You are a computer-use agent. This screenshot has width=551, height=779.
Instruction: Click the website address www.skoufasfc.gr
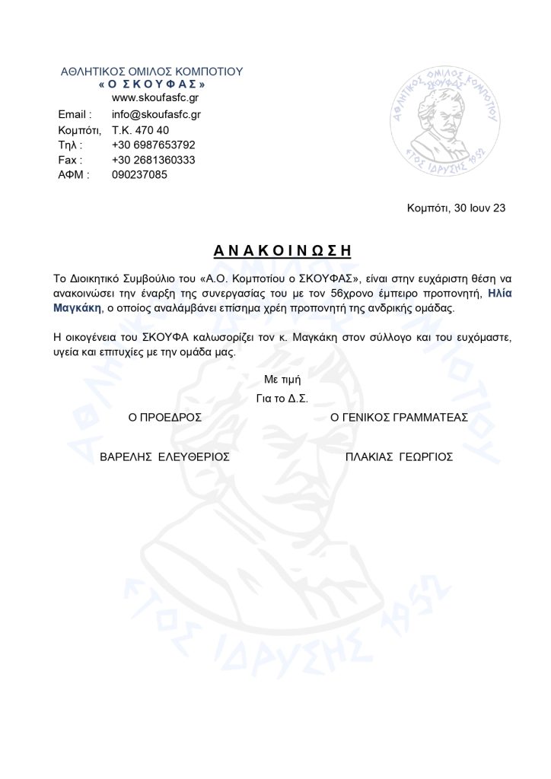[156, 99]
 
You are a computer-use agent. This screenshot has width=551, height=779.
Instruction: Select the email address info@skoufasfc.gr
[156, 114]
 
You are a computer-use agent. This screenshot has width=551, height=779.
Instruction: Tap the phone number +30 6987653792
[153, 145]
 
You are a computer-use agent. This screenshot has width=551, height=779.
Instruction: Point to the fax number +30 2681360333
[153, 160]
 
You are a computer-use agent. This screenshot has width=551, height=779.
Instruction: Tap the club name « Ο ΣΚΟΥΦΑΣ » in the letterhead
[152, 84]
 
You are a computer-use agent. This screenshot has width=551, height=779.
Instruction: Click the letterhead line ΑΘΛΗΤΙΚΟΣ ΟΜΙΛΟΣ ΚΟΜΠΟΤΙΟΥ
[151, 72]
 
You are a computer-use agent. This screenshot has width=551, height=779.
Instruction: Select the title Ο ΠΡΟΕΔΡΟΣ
[164, 418]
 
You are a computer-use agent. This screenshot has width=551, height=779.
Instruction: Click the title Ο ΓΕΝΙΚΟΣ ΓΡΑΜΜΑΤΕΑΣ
[399, 418]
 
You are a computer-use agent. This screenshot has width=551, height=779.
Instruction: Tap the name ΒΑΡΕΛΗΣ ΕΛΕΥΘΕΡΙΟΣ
[165, 457]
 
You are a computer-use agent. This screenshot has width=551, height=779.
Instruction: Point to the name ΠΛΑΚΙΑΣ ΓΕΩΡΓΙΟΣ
[399, 457]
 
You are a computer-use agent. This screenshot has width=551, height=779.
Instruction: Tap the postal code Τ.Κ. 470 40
[140, 129]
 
